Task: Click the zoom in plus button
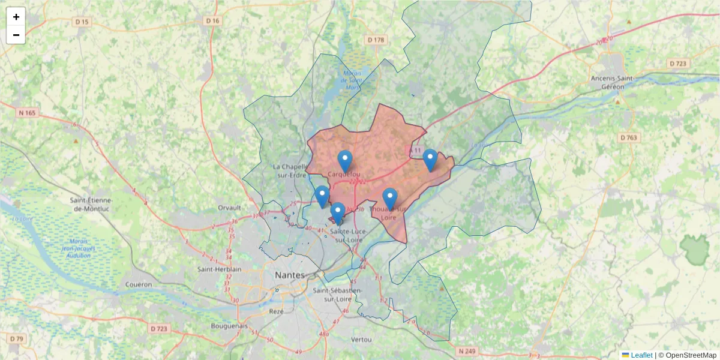16,17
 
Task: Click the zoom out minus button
16,35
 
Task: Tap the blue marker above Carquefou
345,161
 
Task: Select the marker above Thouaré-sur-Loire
390,199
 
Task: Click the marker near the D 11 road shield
430,160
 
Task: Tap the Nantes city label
289,274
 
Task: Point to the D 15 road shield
82,22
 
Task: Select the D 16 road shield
213,21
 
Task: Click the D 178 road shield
375,40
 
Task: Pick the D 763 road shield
629,138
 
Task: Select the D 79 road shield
17,339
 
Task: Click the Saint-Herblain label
219,269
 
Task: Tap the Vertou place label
361,340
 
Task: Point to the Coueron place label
139,284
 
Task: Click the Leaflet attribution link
641,355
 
